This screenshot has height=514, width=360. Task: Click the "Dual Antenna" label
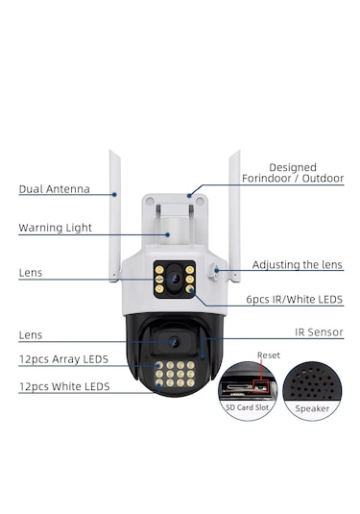coord(54,189)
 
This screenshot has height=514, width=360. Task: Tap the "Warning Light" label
coord(56,229)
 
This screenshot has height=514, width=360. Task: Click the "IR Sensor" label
coord(319,332)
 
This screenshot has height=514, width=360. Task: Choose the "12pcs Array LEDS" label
coord(63,359)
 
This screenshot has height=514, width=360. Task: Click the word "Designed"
coord(293,167)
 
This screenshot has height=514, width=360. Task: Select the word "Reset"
coord(269,355)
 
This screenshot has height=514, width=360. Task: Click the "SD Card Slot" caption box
coord(248,407)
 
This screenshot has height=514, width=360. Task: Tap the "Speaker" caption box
coord(313,407)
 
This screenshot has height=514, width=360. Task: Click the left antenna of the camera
coord(114,213)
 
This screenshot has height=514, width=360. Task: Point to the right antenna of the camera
coord(233,213)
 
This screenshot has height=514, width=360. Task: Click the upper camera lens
coord(175,278)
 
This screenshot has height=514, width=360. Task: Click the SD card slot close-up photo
coord(248,383)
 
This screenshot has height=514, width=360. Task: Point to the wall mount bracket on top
coord(175,215)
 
